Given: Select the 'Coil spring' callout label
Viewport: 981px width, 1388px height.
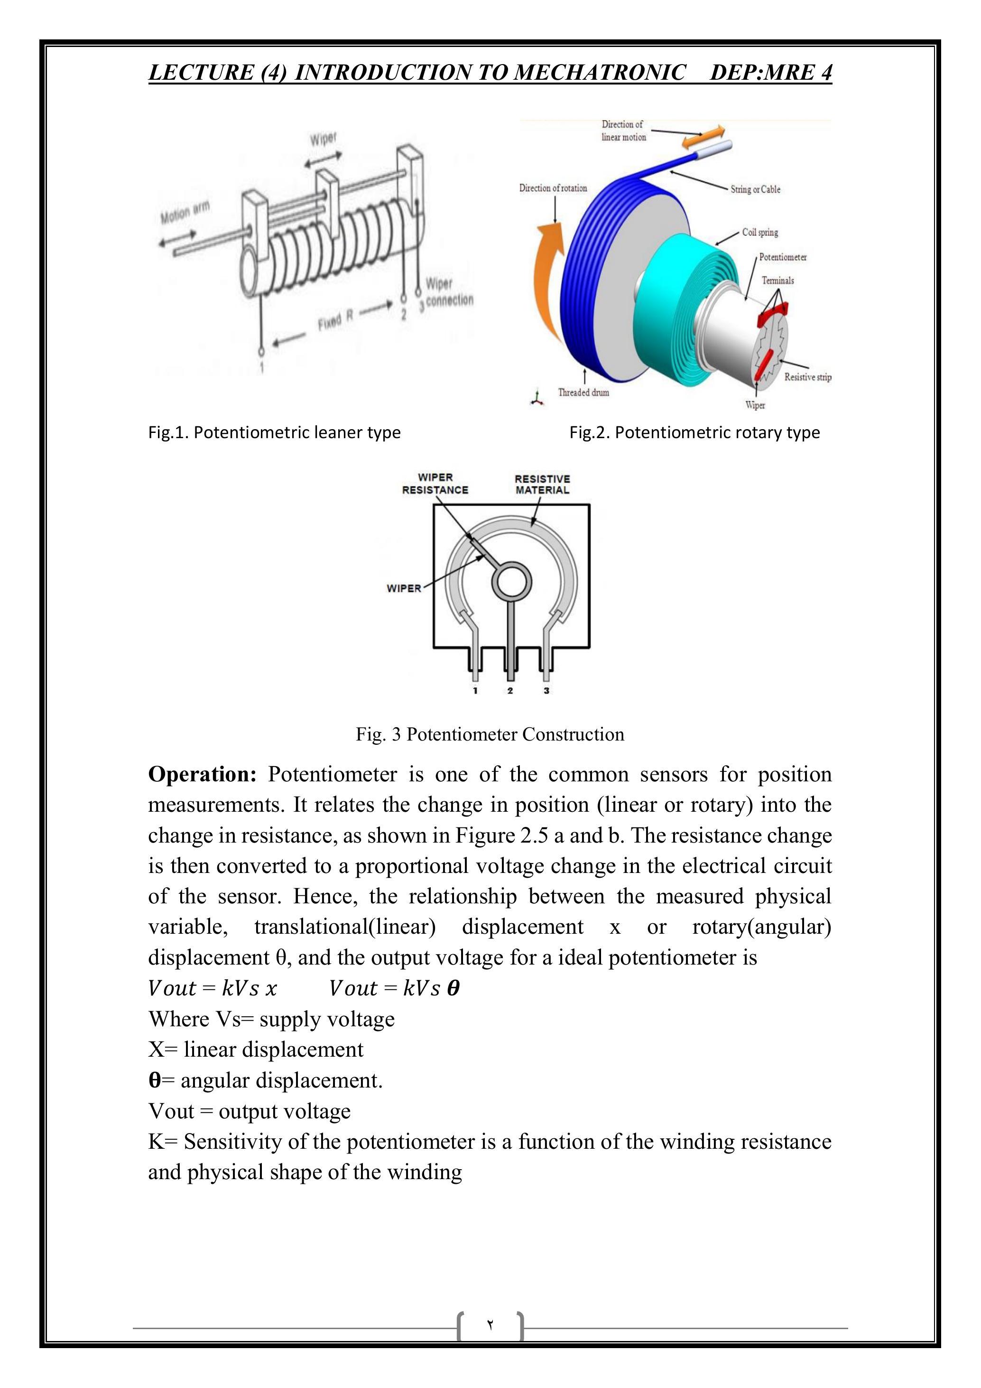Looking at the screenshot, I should [x=760, y=232].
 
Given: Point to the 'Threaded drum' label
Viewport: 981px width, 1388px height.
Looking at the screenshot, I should [x=583, y=393].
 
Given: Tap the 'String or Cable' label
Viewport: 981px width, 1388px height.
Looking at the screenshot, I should [x=755, y=189].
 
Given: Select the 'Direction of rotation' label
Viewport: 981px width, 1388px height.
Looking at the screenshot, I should [x=553, y=188].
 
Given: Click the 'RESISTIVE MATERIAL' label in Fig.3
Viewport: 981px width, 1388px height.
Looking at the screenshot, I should [x=542, y=484].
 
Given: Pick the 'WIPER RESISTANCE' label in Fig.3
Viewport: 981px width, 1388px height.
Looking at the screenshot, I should [x=435, y=484].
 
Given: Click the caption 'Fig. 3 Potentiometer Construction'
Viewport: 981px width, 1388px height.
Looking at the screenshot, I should [x=490, y=734].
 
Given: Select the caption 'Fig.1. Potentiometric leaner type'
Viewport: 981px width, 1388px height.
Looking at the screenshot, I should [x=274, y=432].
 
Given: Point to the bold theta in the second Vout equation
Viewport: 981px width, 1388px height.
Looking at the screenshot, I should [x=453, y=988].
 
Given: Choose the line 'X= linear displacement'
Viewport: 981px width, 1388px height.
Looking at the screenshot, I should [x=256, y=1049].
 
